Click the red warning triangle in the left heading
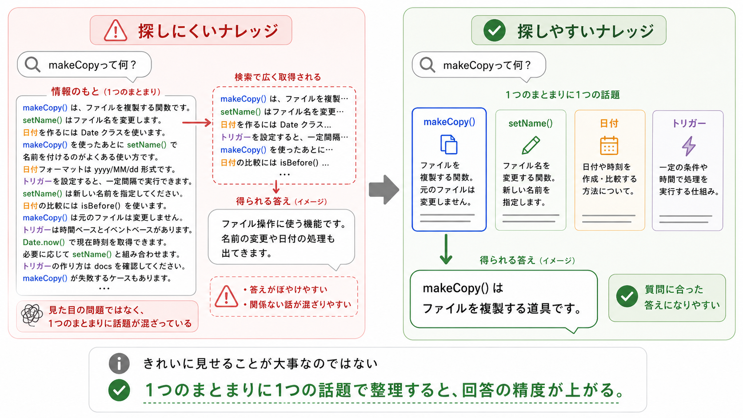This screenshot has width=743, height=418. pos(115,31)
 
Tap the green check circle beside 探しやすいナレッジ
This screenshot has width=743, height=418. pos(494,30)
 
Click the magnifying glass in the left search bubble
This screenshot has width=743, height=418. pos(32,64)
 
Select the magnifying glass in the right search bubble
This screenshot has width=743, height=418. pos(427,65)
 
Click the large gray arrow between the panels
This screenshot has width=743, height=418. pos(384,190)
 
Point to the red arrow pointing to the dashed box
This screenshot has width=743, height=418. pos(197,123)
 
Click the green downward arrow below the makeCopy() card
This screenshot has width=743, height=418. pos(446,249)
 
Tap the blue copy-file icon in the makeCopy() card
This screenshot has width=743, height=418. pos(449,144)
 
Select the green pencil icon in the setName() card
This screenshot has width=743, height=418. pos(531,145)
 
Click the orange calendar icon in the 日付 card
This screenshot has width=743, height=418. pos(609,146)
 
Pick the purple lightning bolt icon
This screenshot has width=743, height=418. pos(689,146)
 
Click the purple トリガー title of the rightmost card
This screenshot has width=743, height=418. pos(689,123)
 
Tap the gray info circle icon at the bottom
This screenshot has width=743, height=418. pos(119,363)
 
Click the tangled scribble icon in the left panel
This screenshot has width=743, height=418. pos(32,315)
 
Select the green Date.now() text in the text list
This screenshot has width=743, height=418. pos(44,242)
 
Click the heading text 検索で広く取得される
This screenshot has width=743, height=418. pos(278,77)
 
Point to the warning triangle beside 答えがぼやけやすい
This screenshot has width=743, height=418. pos(226,296)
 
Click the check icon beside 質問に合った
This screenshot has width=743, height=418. pos(627,296)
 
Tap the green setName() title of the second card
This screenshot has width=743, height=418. pos(531,123)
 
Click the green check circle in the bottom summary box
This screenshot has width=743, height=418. pos(119,390)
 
